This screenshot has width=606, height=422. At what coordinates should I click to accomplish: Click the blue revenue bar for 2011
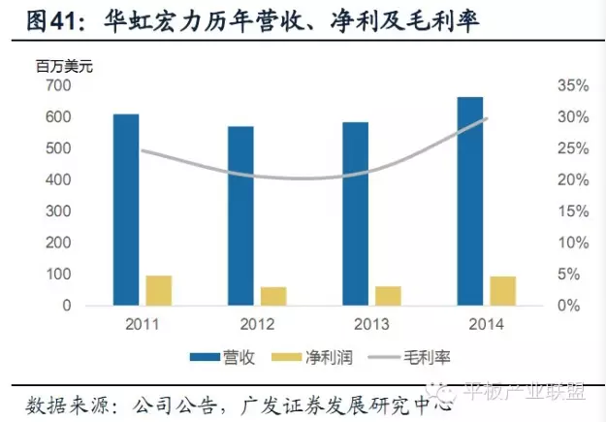click(x=126, y=210)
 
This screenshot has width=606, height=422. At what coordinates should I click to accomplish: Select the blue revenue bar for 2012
click(x=240, y=215)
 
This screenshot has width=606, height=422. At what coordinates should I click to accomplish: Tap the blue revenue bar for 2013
click(x=355, y=213)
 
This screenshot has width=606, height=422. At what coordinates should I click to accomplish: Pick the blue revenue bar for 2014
click(x=470, y=201)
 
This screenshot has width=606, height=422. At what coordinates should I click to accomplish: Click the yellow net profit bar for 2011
click(x=158, y=291)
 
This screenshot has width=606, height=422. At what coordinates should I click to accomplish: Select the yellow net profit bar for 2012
click(x=273, y=296)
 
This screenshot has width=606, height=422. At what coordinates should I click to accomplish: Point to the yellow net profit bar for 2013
click(x=388, y=296)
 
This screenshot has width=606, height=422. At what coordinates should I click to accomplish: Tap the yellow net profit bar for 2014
click(x=502, y=291)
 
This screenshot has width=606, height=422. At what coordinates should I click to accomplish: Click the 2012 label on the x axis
click(x=256, y=323)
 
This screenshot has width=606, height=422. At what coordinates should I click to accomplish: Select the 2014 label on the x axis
click(x=486, y=323)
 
